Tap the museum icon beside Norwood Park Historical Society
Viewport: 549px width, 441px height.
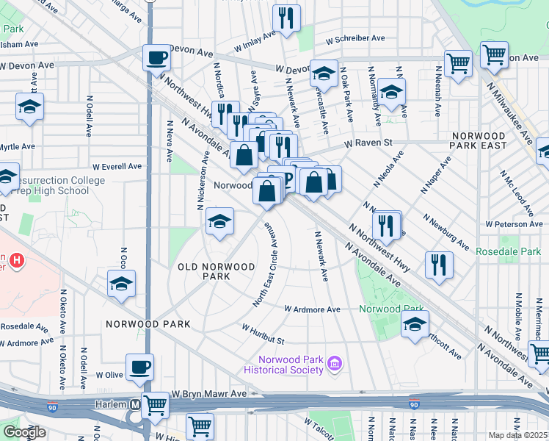(x=335, y=362)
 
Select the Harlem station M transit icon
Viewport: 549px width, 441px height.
(x=135, y=405)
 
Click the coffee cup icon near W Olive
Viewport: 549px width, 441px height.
(x=139, y=367)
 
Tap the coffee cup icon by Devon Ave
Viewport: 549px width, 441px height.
(x=156, y=57)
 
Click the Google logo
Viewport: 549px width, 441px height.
(x=23, y=431)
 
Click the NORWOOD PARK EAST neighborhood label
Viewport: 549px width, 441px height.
(x=479, y=141)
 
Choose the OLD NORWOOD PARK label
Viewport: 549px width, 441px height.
(x=217, y=271)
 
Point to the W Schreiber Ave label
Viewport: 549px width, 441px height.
(x=355, y=38)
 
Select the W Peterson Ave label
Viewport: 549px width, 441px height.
(x=514, y=224)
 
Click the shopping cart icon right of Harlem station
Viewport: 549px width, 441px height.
(x=156, y=404)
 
